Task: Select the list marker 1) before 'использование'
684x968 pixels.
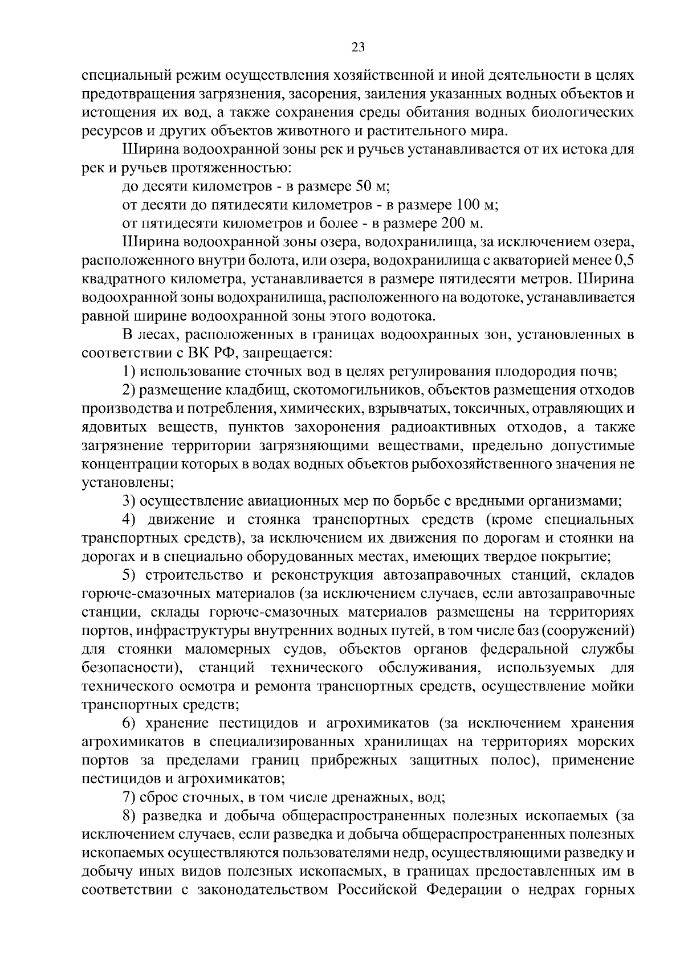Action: pyautogui.click(x=129, y=372)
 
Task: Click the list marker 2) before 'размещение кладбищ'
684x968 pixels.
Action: pyautogui.click(x=129, y=391)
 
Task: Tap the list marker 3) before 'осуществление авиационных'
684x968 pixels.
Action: pyautogui.click(x=129, y=501)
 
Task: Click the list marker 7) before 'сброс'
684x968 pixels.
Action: pyautogui.click(x=129, y=798)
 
